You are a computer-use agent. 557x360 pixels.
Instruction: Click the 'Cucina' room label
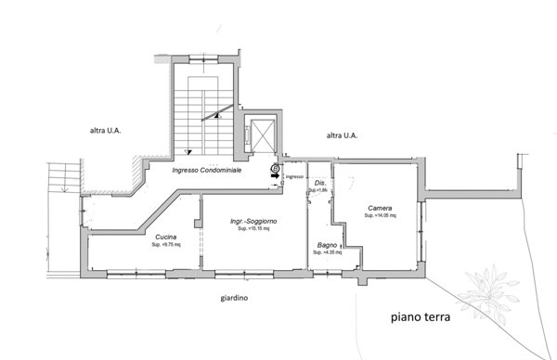[166, 238]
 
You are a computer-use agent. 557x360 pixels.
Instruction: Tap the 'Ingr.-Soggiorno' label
[255, 223]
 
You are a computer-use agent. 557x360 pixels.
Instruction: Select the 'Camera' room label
[379, 207]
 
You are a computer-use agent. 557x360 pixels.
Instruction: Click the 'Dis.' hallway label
[319, 183]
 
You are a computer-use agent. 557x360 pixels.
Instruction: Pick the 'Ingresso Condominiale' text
[209, 171]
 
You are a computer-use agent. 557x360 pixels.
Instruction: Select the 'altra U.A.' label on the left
[104, 132]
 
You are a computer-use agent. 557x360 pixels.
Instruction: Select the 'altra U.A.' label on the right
[342, 135]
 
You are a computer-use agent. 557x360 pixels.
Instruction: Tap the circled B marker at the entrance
[275, 167]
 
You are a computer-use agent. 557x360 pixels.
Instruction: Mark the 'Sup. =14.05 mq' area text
[380, 215]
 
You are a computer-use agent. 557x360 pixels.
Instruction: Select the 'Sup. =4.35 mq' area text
[327, 252]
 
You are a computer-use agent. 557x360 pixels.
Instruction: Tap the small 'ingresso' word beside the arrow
[294, 176]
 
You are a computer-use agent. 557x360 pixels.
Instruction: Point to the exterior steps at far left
[62, 176]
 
